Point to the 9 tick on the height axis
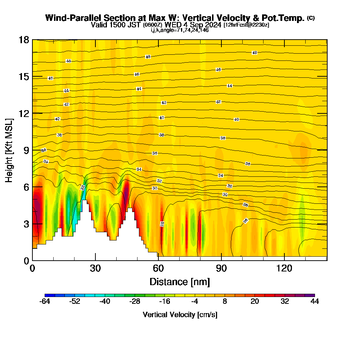pyautogui.click(x=26, y=150)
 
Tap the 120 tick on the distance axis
pyautogui.click(x=284, y=269)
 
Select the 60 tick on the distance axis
pyautogui.click(x=158, y=269)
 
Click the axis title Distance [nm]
pyautogui.click(x=180, y=281)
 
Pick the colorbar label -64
pyautogui.click(x=45, y=302)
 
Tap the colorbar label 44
pyautogui.click(x=315, y=302)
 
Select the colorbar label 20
pyautogui.click(x=255, y=302)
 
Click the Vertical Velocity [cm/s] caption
pyautogui.click(x=180, y=315)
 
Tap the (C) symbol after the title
pyautogui.click(x=311, y=18)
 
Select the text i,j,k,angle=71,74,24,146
pyautogui.click(x=180, y=30)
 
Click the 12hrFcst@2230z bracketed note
pyautogui.click(x=246, y=25)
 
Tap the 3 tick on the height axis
pyautogui.click(x=26, y=224)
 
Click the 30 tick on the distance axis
pyautogui.click(x=95, y=269)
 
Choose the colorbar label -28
pyautogui.click(x=135, y=302)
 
